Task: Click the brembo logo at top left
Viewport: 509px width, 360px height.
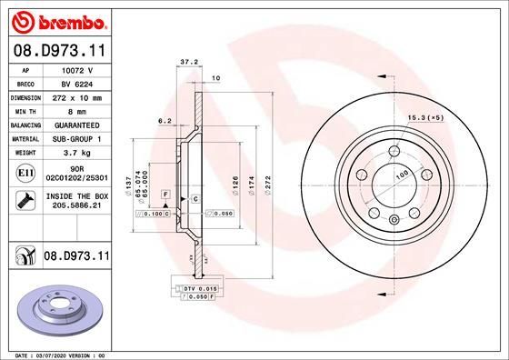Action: pyautogui.click(x=58, y=19)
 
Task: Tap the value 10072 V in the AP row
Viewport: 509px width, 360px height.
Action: pyautogui.click(x=77, y=69)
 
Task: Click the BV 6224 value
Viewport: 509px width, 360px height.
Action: pyautogui.click(x=77, y=82)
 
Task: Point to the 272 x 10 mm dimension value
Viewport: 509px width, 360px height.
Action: pyautogui.click(x=77, y=95)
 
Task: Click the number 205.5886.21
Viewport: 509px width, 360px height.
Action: pyautogui.click(x=77, y=206)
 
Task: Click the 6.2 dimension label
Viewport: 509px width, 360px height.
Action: pyautogui.click(x=165, y=121)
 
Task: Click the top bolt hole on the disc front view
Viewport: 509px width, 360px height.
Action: pyautogui.click(x=394, y=152)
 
